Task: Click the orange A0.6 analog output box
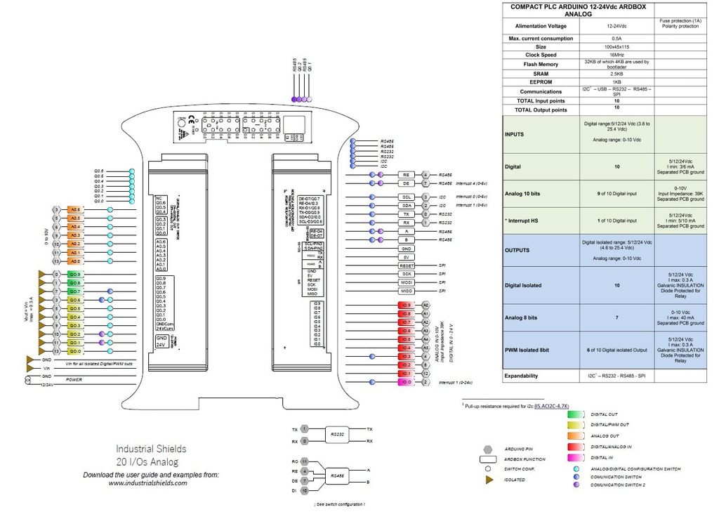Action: tap(76, 210)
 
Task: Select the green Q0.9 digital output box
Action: tap(76, 275)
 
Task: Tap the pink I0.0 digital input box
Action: tap(407, 382)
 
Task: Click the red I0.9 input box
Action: tap(407, 306)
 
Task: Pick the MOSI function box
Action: tap(407, 282)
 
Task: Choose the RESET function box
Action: tap(407, 265)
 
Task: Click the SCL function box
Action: tap(407, 197)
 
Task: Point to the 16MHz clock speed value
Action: tap(616, 55)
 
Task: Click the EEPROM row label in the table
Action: tap(541, 82)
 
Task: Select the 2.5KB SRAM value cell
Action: tap(616, 73)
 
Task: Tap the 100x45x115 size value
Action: tap(616, 46)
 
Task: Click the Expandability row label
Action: tap(521, 376)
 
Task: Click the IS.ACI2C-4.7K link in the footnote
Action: tap(551, 406)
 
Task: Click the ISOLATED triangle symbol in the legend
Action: tap(487, 480)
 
